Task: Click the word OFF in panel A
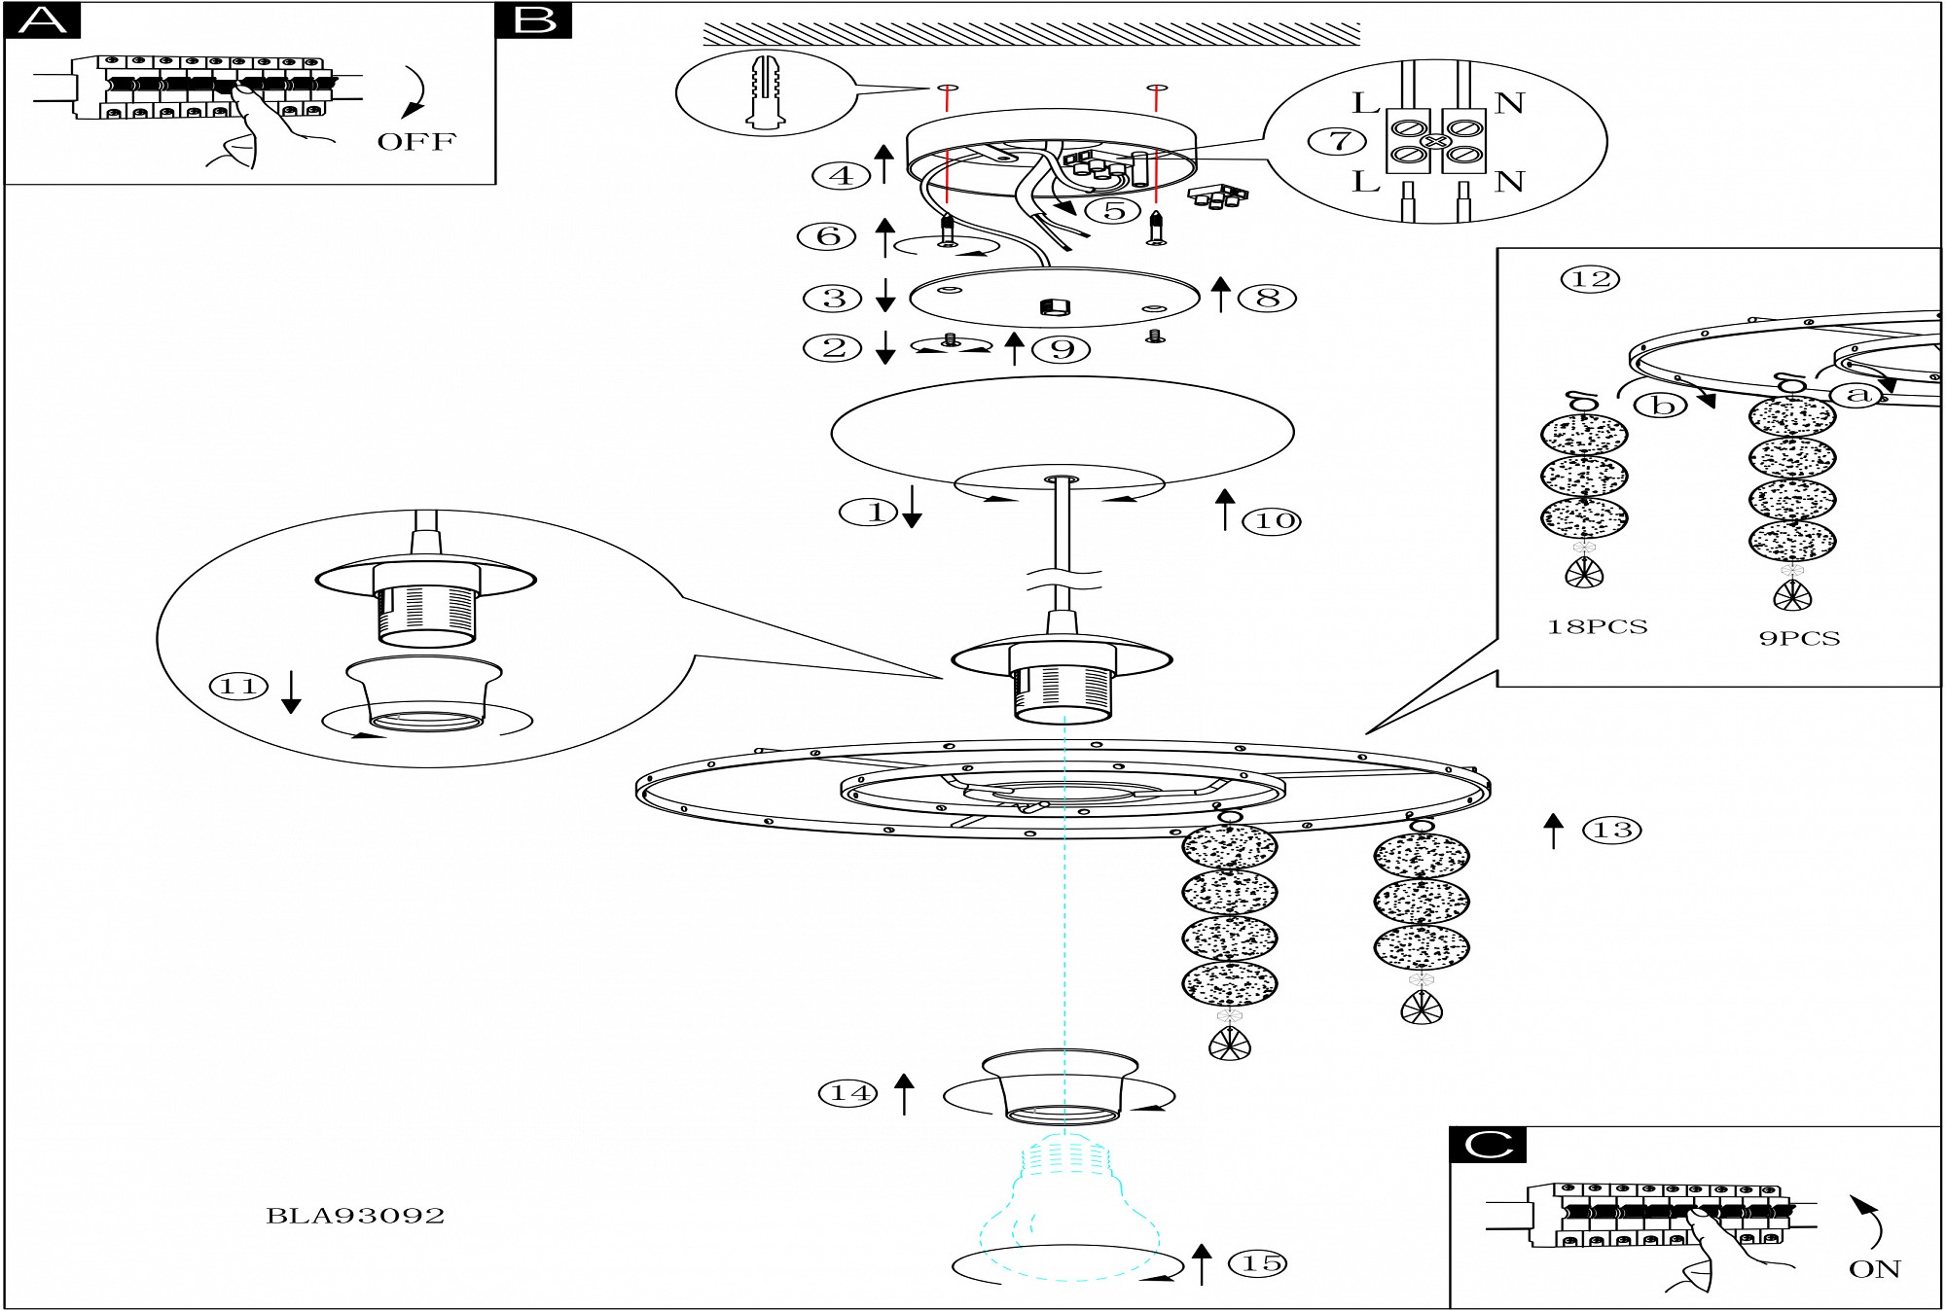416,142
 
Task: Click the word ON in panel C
1874,1269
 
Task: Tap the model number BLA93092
355,1216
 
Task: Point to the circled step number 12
1591,279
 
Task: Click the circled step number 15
1261,1263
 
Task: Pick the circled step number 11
238,687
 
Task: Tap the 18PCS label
1597,627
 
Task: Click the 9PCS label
1799,639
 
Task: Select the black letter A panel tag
43,19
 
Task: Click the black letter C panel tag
1488,1145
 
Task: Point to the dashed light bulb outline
1068,1206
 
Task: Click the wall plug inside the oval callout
767,92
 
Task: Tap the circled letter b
1663,405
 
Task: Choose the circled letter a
1857,394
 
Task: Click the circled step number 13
1612,831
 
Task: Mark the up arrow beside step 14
905,1093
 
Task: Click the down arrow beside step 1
912,507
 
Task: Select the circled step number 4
842,176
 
